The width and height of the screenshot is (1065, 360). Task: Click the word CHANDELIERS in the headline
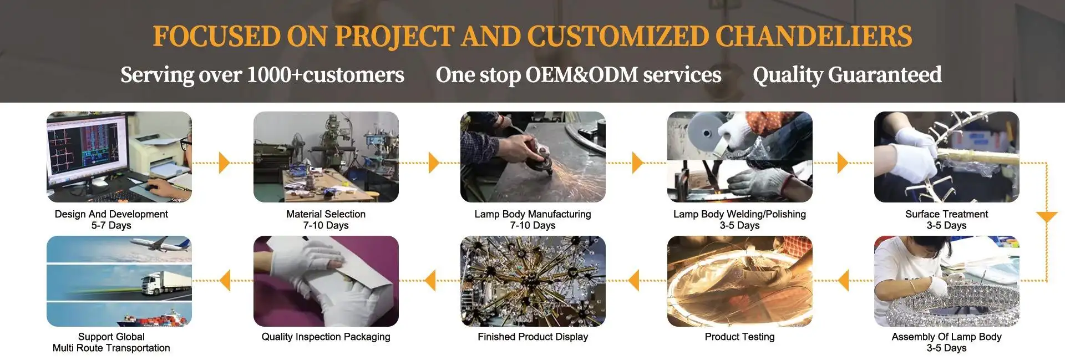tap(813, 37)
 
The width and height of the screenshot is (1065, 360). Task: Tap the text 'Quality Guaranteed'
tap(847, 75)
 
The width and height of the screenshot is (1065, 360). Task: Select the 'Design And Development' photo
tap(119, 157)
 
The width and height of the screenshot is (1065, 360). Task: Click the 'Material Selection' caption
tap(326, 214)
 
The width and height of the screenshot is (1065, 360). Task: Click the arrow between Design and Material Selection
tap(224, 163)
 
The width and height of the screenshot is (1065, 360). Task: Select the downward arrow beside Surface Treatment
tap(1047, 216)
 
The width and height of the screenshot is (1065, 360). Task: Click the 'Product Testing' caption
tap(739, 337)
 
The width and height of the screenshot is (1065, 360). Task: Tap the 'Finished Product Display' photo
tap(532, 281)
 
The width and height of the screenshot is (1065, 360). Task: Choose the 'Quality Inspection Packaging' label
tap(326, 337)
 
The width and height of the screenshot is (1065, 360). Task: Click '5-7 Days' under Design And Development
tap(111, 225)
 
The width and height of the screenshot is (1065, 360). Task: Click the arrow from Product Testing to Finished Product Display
tap(633, 280)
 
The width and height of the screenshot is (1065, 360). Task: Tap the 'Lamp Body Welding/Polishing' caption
tap(739, 214)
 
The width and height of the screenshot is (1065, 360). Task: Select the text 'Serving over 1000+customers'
tap(262, 75)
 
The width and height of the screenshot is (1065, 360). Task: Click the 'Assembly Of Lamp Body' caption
tap(946, 337)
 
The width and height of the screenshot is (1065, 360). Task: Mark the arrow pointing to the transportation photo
tap(225, 280)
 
